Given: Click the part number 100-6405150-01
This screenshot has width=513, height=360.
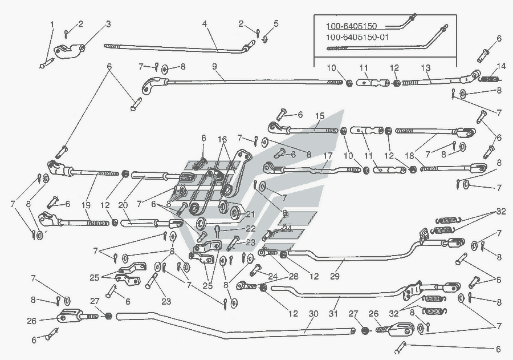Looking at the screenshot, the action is [357, 37].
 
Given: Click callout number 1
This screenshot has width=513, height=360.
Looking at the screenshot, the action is [52, 24].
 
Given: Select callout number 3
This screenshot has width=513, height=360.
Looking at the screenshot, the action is [108, 24].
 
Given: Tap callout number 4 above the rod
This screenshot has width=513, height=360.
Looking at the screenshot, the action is [205, 23].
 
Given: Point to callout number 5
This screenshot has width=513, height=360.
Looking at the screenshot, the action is [276, 23].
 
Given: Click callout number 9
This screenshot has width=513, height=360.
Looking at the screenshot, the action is [214, 67].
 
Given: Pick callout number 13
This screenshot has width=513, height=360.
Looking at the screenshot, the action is [425, 68].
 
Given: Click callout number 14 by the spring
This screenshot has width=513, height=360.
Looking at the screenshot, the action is [501, 66].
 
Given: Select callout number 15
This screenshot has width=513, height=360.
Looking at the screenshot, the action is [320, 116].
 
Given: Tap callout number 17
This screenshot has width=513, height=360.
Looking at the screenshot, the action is [328, 156].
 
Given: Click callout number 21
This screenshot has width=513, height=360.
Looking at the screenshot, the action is [250, 215].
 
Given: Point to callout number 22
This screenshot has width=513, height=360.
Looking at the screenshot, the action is [251, 228].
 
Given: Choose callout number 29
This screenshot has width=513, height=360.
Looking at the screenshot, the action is [335, 276].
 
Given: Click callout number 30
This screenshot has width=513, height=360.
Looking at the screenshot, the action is [313, 314].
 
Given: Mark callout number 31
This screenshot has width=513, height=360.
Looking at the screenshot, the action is [333, 314].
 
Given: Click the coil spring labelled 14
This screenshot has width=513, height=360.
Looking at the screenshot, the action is [488, 79].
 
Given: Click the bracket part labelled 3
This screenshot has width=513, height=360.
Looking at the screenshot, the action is [67, 51].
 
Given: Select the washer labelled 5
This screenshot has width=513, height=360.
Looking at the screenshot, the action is [265, 39].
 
